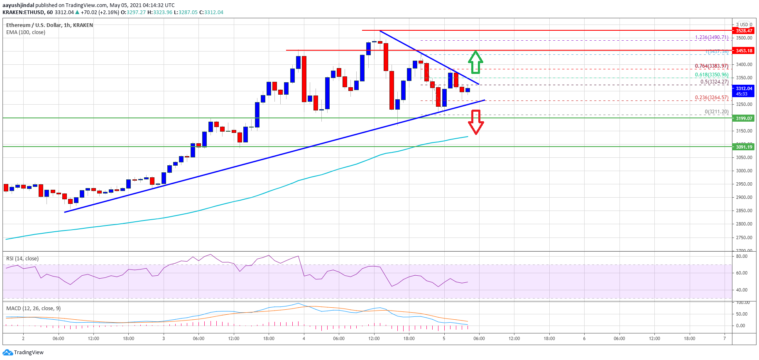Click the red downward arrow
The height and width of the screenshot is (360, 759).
(x=476, y=122)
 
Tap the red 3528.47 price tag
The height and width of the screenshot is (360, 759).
(x=744, y=31)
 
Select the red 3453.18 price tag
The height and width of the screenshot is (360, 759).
(x=744, y=51)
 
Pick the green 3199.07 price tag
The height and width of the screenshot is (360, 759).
(x=744, y=118)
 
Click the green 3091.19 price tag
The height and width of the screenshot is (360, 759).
(x=744, y=147)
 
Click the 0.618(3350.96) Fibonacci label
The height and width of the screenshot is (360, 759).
(x=712, y=75)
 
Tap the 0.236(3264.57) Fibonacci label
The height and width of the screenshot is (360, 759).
(x=712, y=98)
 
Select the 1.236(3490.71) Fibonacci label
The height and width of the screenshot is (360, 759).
(x=712, y=37)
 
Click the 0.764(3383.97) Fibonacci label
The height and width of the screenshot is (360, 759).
(x=712, y=66)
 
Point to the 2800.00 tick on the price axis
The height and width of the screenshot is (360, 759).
(x=744, y=224)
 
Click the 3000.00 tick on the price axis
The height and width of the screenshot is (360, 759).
(x=744, y=171)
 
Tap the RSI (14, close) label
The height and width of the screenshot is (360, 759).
(x=22, y=259)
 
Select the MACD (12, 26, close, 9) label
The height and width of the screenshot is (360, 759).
(x=33, y=309)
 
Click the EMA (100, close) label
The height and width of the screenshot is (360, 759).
(x=26, y=32)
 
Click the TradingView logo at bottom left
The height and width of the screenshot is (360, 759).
(x=23, y=353)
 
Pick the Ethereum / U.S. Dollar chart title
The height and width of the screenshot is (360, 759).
(x=49, y=25)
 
